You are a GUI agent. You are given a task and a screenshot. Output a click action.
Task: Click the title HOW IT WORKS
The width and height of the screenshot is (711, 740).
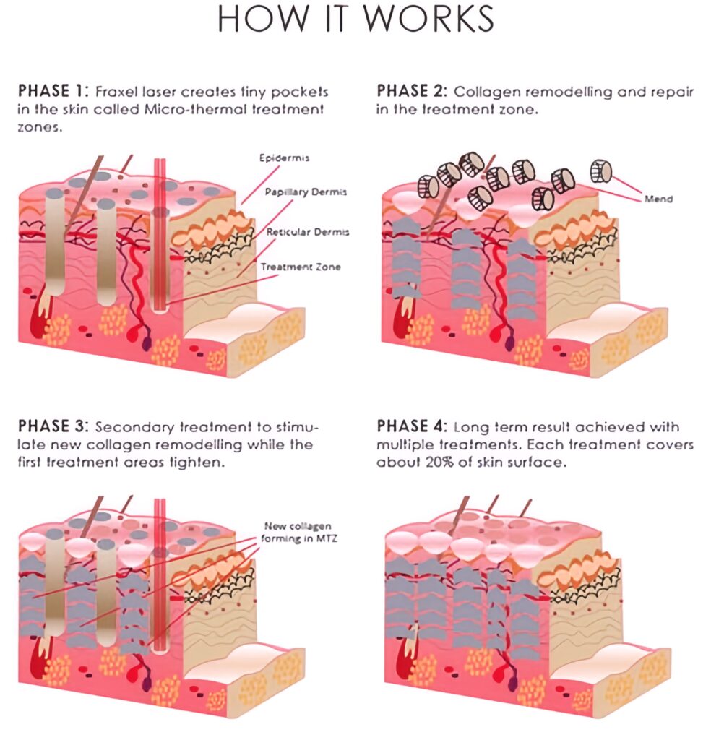(x=355, y=19)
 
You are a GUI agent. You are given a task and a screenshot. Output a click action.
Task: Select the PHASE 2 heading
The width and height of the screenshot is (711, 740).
(x=411, y=91)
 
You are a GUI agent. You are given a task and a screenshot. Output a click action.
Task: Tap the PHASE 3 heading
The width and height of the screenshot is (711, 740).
(x=53, y=426)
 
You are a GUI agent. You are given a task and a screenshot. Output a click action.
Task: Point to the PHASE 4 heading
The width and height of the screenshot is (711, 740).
(x=411, y=426)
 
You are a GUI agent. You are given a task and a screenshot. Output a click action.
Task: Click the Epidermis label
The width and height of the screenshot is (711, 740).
(x=284, y=158)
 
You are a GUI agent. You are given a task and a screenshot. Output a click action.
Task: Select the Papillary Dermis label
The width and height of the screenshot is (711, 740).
(x=306, y=192)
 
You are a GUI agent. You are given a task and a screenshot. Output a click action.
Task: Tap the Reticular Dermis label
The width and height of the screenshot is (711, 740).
(x=308, y=232)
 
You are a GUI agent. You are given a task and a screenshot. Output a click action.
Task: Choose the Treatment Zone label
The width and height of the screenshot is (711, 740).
(x=301, y=267)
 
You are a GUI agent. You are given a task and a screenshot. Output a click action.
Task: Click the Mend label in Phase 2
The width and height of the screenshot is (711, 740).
(x=658, y=199)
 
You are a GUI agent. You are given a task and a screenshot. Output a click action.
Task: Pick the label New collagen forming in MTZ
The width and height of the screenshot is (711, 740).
(x=298, y=532)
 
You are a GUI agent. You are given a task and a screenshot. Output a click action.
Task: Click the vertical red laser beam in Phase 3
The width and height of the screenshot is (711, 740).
(x=160, y=575)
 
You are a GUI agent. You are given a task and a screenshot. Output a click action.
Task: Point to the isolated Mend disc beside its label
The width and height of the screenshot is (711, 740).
(x=601, y=172)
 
